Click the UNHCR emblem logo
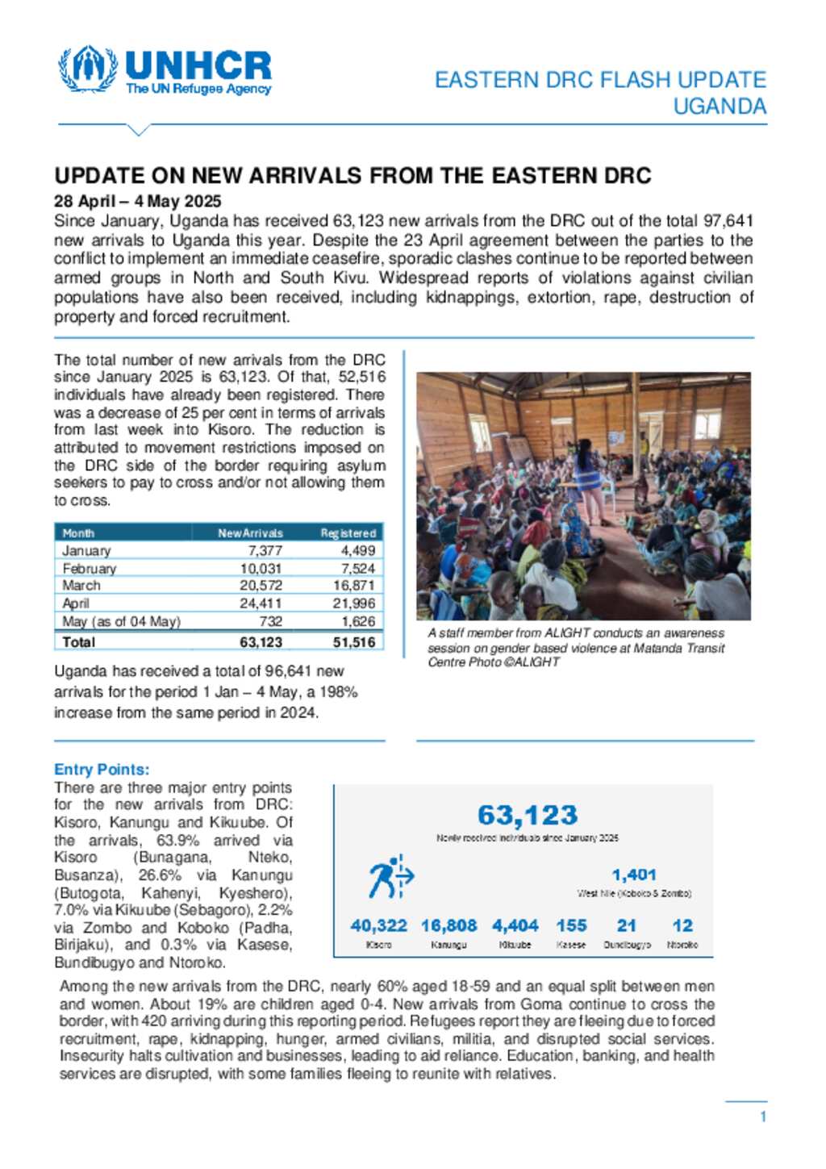pos(87,69)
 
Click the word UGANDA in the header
pos(720,106)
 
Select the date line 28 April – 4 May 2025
pos(137,201)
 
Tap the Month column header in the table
pos(78,533)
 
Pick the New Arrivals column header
pos(250,533)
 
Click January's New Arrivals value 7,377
pos(265,550)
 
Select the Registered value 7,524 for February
pos(358,568)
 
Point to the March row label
pos(81,586)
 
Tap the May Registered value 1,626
pos(358,621)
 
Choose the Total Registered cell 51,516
pos(354,642)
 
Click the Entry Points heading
pos(102,770)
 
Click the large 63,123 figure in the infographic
pos(528,815)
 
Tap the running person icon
pos(390,878)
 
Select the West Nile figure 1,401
pos(634,875)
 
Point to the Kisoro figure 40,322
pos(378,925)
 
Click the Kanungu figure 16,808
pos(448,925)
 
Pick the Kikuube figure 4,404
pos(515,925)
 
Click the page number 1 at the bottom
pos(763,1117)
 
